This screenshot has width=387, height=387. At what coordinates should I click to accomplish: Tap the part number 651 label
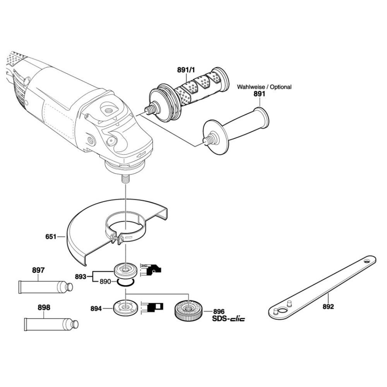click(x=51, y=236)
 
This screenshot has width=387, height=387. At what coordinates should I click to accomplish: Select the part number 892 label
click(x=328, y=307)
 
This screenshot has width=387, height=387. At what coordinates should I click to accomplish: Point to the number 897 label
click(x=38, y=271)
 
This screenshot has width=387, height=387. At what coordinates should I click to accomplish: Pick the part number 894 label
click(x=96, y=309)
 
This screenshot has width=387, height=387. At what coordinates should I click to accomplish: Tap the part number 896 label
click(x=219, y=311)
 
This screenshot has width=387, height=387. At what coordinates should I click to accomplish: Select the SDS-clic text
click(x=228, y=319)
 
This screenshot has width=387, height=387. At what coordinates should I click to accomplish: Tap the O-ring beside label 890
click(x=126, y=283)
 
